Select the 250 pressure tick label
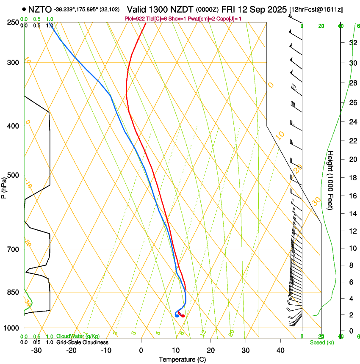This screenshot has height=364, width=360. pyautogui.click(x=13, y=22)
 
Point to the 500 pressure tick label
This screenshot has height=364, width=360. pyautogui.click(x=13, y=175)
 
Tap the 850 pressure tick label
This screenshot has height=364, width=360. pyautogui.click(x=13, y=292)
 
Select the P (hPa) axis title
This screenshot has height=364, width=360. pyautogui.click(x=4, y=186)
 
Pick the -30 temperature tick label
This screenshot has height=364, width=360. pyautogui.click(x=36, y=350)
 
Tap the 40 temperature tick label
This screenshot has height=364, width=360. pyautogui.click(x=280, y=350)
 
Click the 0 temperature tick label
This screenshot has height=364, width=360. pyautogui.click(x=141, y=350)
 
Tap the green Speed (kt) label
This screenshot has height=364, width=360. pyautogui.click(x=321, y=342)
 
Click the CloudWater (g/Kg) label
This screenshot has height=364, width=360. pyautogui.click(x=78, y=336)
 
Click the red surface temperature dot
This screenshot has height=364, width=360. pyautogui.click(x=183, y=316)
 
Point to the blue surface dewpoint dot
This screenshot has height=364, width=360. pyautogui.click(x=177, y=316)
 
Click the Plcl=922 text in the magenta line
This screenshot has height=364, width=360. pyautogui.click(x=135, y=19)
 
